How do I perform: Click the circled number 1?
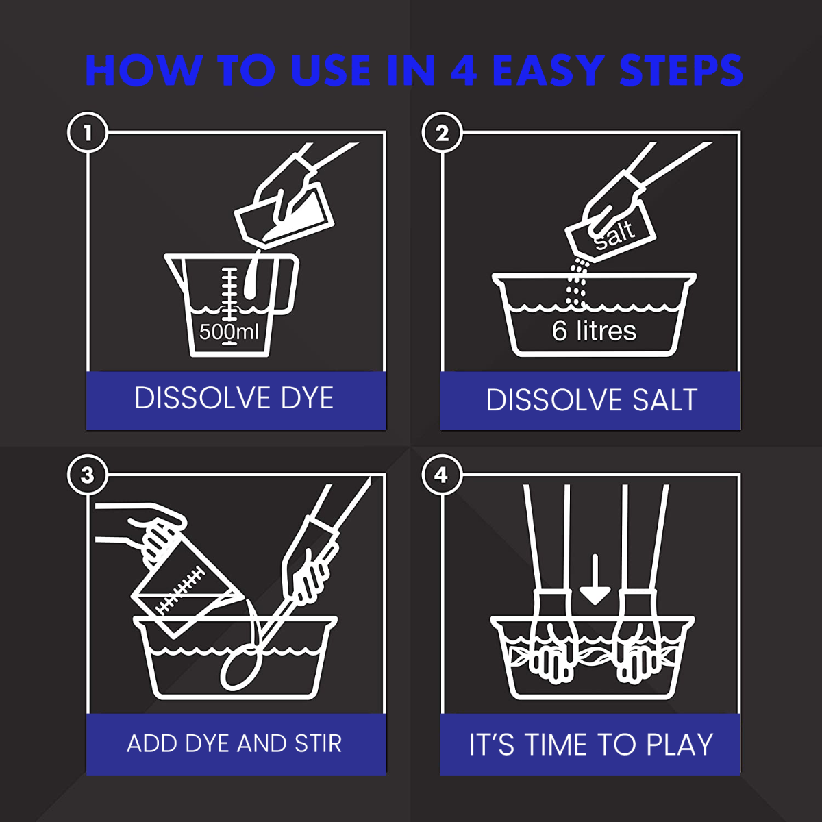click(x=88, y=133)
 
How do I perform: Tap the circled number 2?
click(x=442, y=133)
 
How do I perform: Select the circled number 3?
click(x=88, y=475)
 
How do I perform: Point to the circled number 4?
click(x=442, y=475)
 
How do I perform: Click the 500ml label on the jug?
click(x=229, y=332)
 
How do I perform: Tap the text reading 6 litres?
click(x=594, y=331)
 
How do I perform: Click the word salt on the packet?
click(x=614, y=234)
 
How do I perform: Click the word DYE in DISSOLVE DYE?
click(x=307, y=398)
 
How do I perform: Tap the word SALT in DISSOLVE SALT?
click(x=664, y=400)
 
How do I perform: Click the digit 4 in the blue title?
click(x=464, y=71)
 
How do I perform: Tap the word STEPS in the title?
click(x=681, y=71)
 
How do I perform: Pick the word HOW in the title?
click(x=143, y=71)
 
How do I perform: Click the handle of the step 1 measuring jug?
click(x=285, y=283)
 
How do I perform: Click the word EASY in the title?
click(x=549, y=71)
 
